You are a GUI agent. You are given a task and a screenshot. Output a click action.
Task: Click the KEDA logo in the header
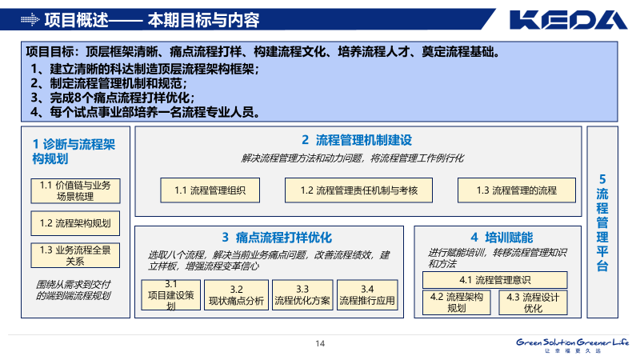pyautogui.click(x=570, y=19)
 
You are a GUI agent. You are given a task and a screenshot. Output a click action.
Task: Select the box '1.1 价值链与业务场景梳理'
pyautogui.click(x=75, y=190)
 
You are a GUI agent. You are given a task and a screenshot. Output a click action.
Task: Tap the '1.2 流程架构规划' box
pyautogui.click(x=75, y=223)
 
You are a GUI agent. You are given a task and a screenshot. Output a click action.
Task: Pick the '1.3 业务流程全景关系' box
pyautogui.click(x=75, y=255)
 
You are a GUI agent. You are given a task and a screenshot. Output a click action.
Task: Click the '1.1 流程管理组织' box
pyautogui.click(x=210, y=190)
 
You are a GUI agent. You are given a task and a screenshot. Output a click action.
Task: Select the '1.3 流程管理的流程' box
pyautogui.click(x=517, y=190)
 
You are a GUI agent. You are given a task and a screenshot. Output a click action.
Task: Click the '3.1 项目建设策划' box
pyautogui.click(x=170, y=295)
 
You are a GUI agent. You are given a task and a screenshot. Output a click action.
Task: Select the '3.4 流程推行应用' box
pyautogui.click(x=367, y=295)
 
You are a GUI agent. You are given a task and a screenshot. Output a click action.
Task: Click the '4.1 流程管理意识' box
pyautogui.click(x=495, y=280)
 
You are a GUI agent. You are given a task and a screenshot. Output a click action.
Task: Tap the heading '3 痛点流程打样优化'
pyautogui.click(x=277, y=238)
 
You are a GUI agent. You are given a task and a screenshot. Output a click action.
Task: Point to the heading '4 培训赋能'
pyautogui.click(x=502, y=238)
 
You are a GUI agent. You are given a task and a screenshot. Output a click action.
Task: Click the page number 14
pyautogui.click(x=320, y=344)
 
